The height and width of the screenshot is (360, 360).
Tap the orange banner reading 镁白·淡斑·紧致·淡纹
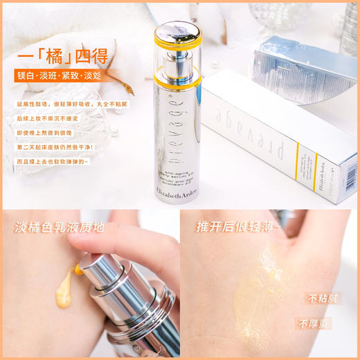pyautogui.click(x=63, y=75)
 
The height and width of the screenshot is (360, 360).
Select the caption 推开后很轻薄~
pyautogui.click(x=240, y=226)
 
